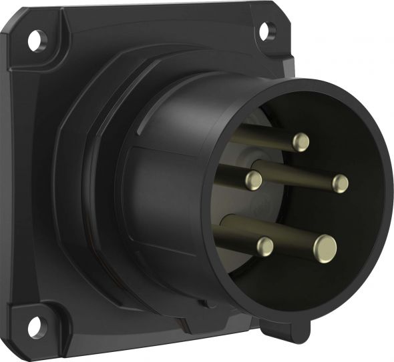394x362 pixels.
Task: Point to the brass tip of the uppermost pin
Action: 301,141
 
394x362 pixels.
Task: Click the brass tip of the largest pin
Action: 326,248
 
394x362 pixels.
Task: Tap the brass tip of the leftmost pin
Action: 253,179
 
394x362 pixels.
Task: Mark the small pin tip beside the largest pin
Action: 264,246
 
